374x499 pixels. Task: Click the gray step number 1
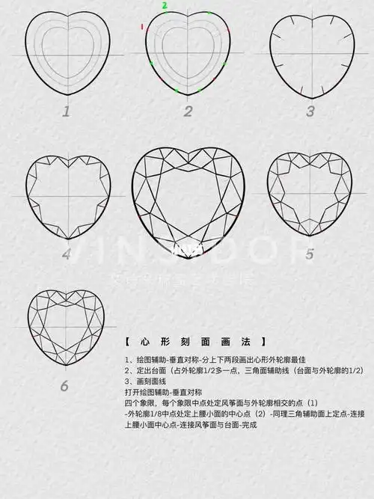point(66,111)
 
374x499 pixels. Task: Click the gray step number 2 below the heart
point(188,111)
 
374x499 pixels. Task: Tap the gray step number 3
point(310,111)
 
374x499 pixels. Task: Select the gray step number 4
point(67,254)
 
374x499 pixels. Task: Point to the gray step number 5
point(310,254)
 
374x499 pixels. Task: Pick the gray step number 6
point(64,386)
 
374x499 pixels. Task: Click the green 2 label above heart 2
point(165,5)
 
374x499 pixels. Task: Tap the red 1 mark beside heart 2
point(141,27)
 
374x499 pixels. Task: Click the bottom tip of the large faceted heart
point(188,258)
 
